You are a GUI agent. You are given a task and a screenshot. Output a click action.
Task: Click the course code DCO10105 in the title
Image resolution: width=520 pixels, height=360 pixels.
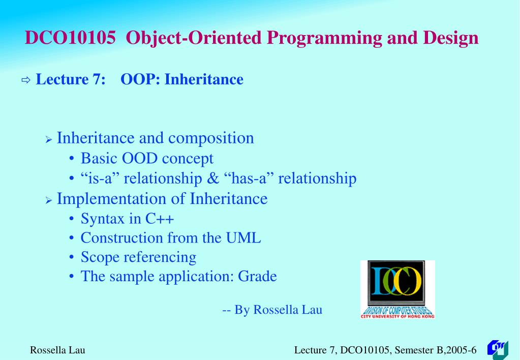70,38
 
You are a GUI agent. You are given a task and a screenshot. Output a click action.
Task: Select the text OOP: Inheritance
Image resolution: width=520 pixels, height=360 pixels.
182,79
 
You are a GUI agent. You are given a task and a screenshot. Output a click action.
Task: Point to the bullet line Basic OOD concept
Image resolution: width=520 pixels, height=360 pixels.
147,159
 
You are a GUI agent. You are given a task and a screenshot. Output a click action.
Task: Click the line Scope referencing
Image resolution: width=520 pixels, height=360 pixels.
138,257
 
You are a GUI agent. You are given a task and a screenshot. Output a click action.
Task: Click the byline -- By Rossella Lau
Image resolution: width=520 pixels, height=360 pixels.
272,310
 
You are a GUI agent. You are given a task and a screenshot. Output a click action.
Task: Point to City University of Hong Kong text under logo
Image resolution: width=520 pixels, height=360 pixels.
397,316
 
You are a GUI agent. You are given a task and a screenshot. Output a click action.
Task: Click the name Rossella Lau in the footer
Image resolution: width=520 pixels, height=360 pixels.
57,350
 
